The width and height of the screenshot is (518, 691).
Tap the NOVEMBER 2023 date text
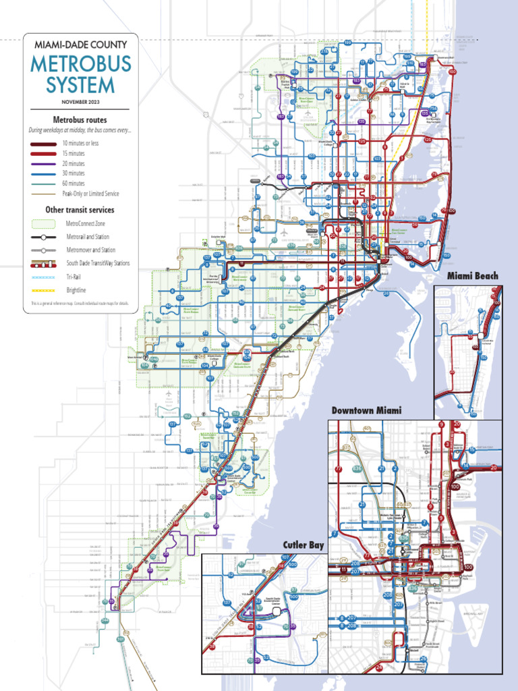click(80, 101)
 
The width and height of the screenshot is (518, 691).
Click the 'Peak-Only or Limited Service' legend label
click(90, 194)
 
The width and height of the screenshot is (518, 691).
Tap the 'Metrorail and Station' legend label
click(87, 237)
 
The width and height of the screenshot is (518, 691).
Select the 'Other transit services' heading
click(80, 210)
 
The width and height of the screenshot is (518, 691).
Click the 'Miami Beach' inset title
click(472, 276)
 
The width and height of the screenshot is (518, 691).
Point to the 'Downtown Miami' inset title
click(366, 411)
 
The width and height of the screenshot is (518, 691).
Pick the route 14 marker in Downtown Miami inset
click(465, 467)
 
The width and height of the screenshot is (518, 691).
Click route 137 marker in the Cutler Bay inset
click(227, 603)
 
